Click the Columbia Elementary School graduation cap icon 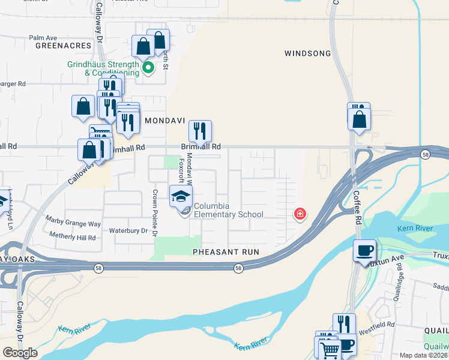pyautogui.click(x=181, y=196)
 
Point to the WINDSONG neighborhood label pyautogui.click(x=308, y=53)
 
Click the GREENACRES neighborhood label pyautogui.click(x=62, y=46)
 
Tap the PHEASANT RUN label pyautogui.click(x=226, y=252)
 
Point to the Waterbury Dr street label pyautogui.click(x=128, y=230)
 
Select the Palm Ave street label pyautogui.click(x=43, y=37)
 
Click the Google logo pyautogui.click(x=20, y=352)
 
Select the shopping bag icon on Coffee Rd pyautogui.click(x=359, y=119)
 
